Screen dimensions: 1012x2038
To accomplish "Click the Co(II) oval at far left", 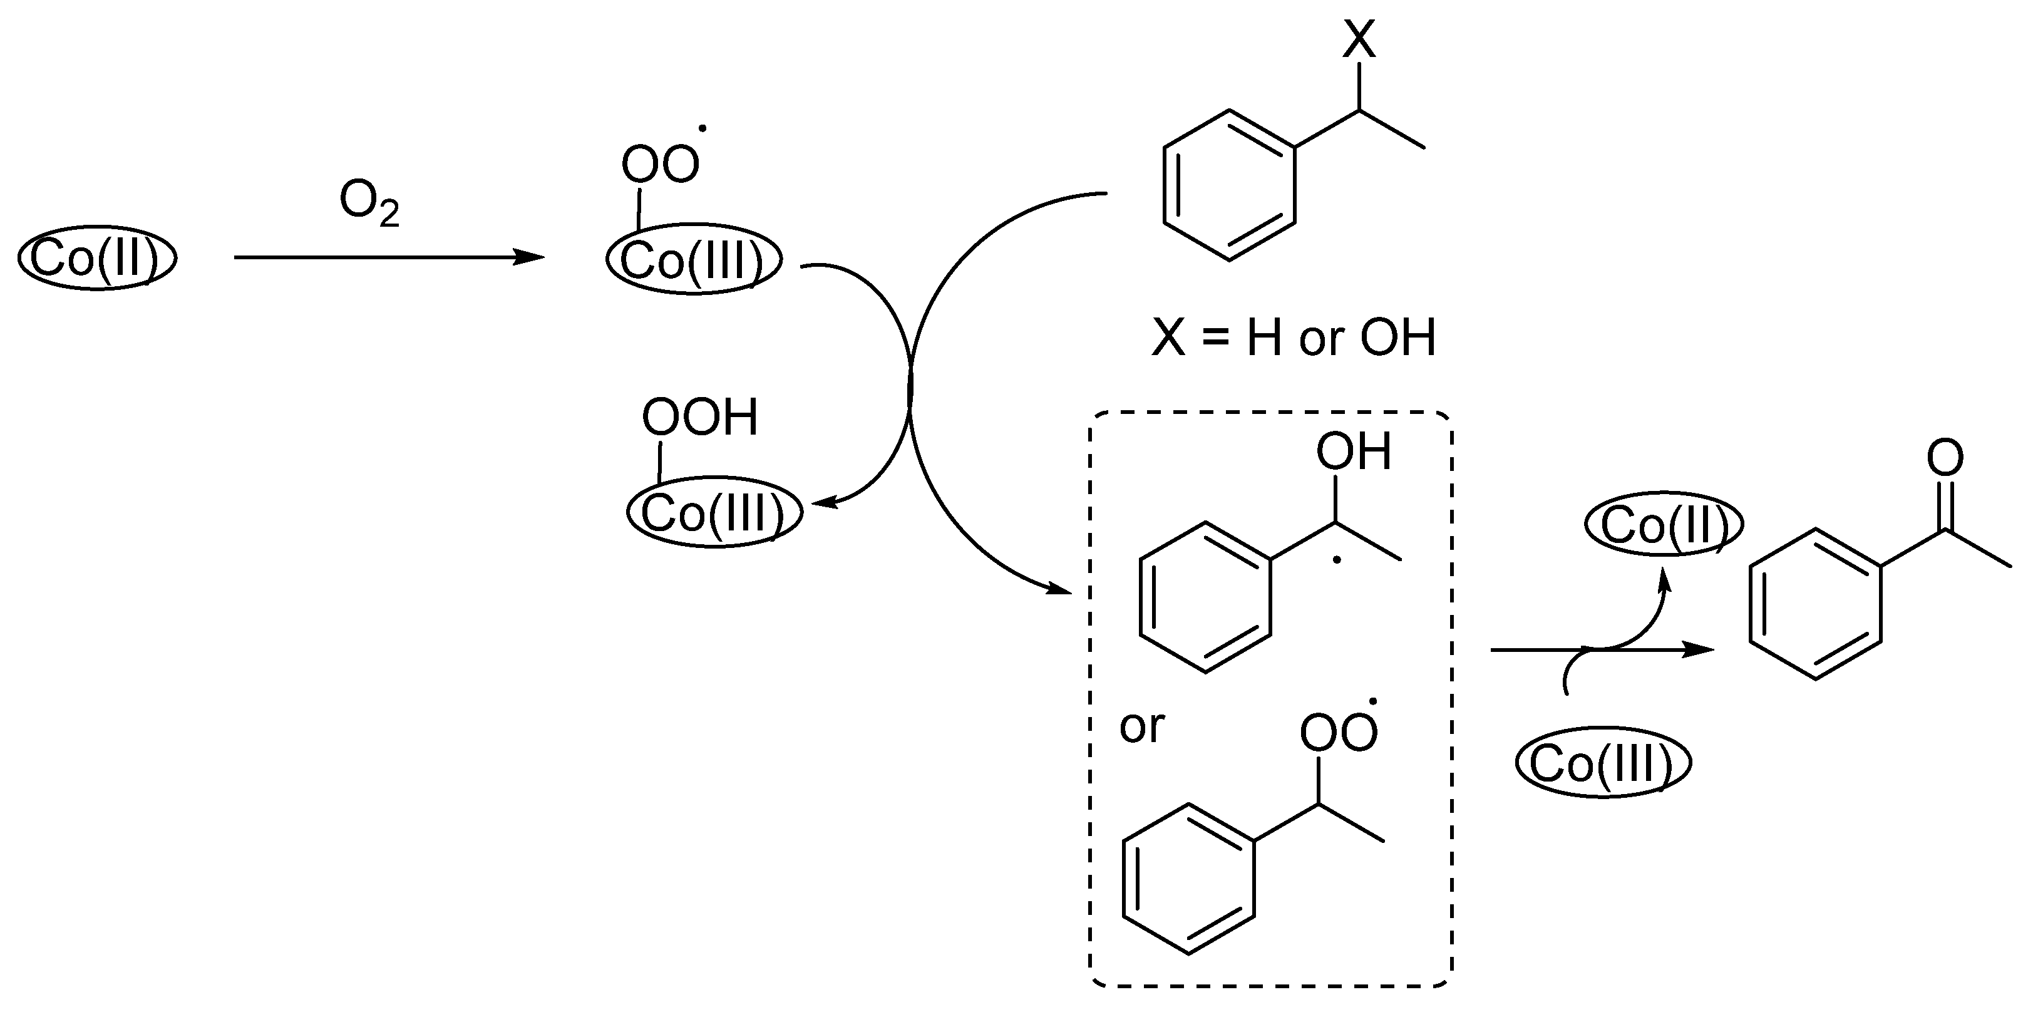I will [x=96, y=258].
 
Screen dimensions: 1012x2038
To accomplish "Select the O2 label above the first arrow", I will [x=369, y=204].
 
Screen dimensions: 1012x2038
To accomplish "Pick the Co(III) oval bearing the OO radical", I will [x=694, y=261].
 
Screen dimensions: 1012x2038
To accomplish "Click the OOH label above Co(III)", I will [x=699, y=417].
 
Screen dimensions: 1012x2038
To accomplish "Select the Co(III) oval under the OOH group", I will [x=714, y=513].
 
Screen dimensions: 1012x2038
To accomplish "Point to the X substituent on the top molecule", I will [x=1359, y=39].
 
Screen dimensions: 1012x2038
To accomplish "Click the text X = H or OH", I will [x=1294, y=338].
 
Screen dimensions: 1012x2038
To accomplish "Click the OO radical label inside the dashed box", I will [x=1339, y=733].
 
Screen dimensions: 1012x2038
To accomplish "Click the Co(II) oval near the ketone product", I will [x=1664, y=525].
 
